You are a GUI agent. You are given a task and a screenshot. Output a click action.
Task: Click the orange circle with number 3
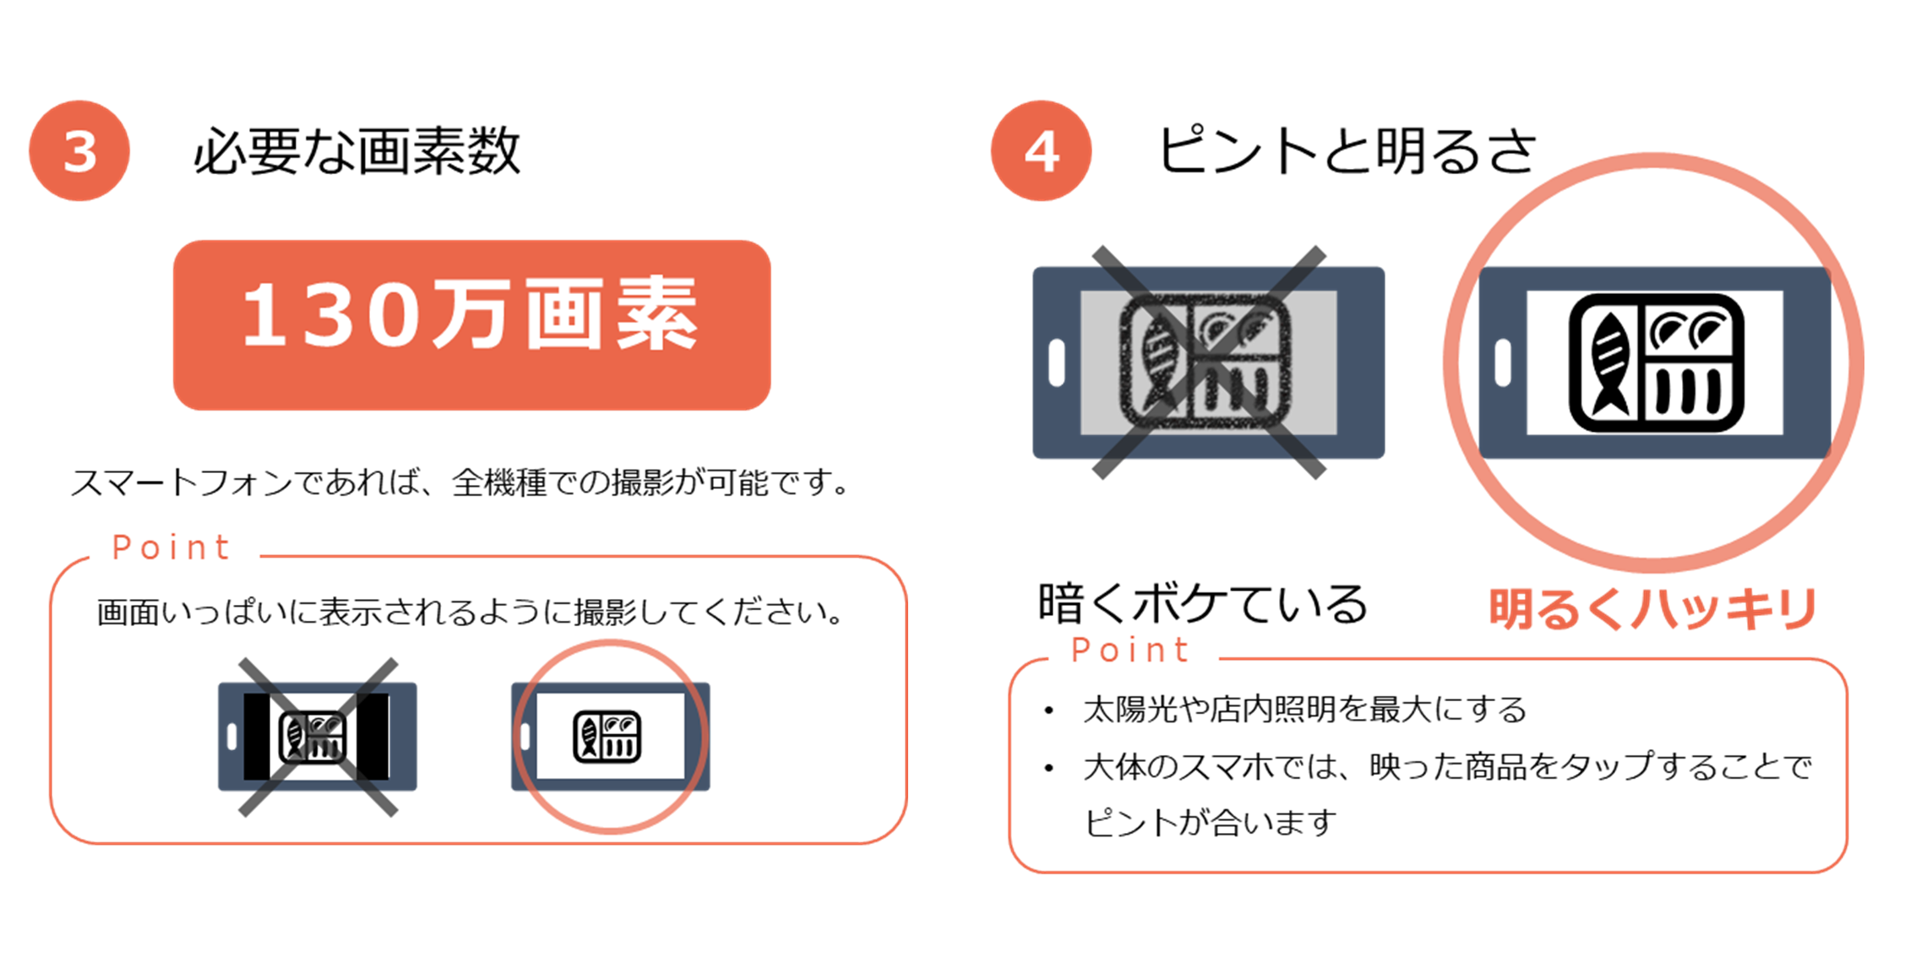(x=79, y=150)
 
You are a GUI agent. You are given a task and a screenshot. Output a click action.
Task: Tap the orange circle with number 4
(x=1041, y=150)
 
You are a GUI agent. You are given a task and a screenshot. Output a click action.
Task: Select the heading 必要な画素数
(x=357, y=151)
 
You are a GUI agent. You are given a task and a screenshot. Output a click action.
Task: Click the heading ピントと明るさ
(x=1347, y=151)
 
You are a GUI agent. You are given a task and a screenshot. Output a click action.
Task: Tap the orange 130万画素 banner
(x=471, y=325)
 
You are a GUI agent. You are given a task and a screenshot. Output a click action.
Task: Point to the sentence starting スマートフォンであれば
(x=461, y=482)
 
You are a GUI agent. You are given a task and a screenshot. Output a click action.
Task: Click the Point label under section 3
(x=171, y=547)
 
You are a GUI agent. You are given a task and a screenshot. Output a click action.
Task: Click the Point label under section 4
(x=1130, y=650)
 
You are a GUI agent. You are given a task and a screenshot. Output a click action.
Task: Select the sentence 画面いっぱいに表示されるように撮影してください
(x=471, y=612)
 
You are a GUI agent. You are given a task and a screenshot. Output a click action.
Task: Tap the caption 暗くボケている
(x=1202, y=604)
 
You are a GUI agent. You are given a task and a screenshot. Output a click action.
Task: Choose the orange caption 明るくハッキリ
(x=1652, y=608)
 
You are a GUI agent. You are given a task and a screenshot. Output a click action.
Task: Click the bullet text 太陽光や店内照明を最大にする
(x=1304, y=710)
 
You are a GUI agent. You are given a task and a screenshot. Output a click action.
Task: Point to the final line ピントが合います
(x=1211, y=822)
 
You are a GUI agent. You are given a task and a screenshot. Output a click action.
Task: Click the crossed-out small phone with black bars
(x=318, y=737)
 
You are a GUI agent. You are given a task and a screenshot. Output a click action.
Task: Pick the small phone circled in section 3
(x=610, y=737)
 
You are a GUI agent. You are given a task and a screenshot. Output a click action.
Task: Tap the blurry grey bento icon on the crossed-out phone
(x=1206, y=363)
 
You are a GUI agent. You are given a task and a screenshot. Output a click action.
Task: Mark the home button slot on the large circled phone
(x=1503, y=363)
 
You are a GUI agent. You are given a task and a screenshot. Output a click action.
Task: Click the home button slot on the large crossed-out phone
(x=1057, y=363)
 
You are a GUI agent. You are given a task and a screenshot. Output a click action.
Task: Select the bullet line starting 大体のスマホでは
(x=1447, y=766)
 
